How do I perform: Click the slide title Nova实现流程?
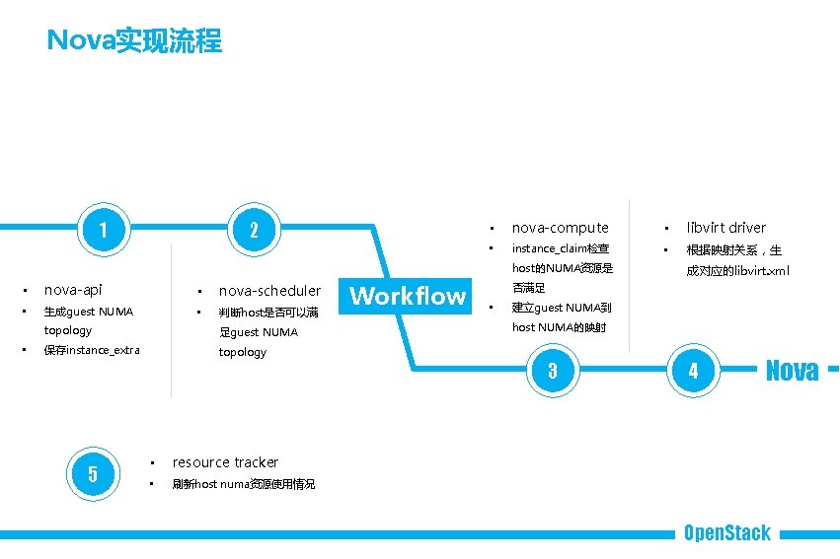point(134,41)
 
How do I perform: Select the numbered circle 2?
point(254,230)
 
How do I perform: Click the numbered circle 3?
point(553,371)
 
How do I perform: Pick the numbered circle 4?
point(693,371)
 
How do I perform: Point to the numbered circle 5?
point(93,473)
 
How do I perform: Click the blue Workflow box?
point(408,296)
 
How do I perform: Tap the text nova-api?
point(73,290)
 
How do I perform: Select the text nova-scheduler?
point(269,291)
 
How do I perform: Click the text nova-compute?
point(560,228)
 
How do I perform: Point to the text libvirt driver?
point(725,228)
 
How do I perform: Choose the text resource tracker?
point(225,462)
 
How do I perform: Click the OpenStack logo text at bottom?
point(727,533)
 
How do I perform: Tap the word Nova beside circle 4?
point(792,371)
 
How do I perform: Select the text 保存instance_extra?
point(92,350)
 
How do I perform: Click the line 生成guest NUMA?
point(89,312)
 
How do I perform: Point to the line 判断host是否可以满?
point(268,313)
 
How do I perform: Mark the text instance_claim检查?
point(560,249)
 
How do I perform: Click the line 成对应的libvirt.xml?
point(738,270)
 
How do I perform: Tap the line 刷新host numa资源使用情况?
point(243,484)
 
